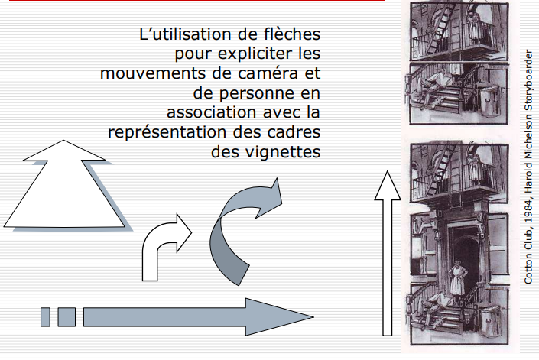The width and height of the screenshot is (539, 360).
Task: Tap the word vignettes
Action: click(x=283, y=152)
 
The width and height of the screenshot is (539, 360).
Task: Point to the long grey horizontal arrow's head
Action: click(x=279, y=316)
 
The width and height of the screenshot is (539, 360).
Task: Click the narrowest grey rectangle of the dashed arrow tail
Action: click(x=45, y=317)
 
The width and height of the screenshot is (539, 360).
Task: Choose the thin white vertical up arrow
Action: click(x=388, y=253)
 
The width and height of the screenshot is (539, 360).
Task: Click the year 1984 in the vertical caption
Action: click(x=528, y=210)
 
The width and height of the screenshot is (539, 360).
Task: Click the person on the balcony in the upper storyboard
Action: click(x=476, y=26)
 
